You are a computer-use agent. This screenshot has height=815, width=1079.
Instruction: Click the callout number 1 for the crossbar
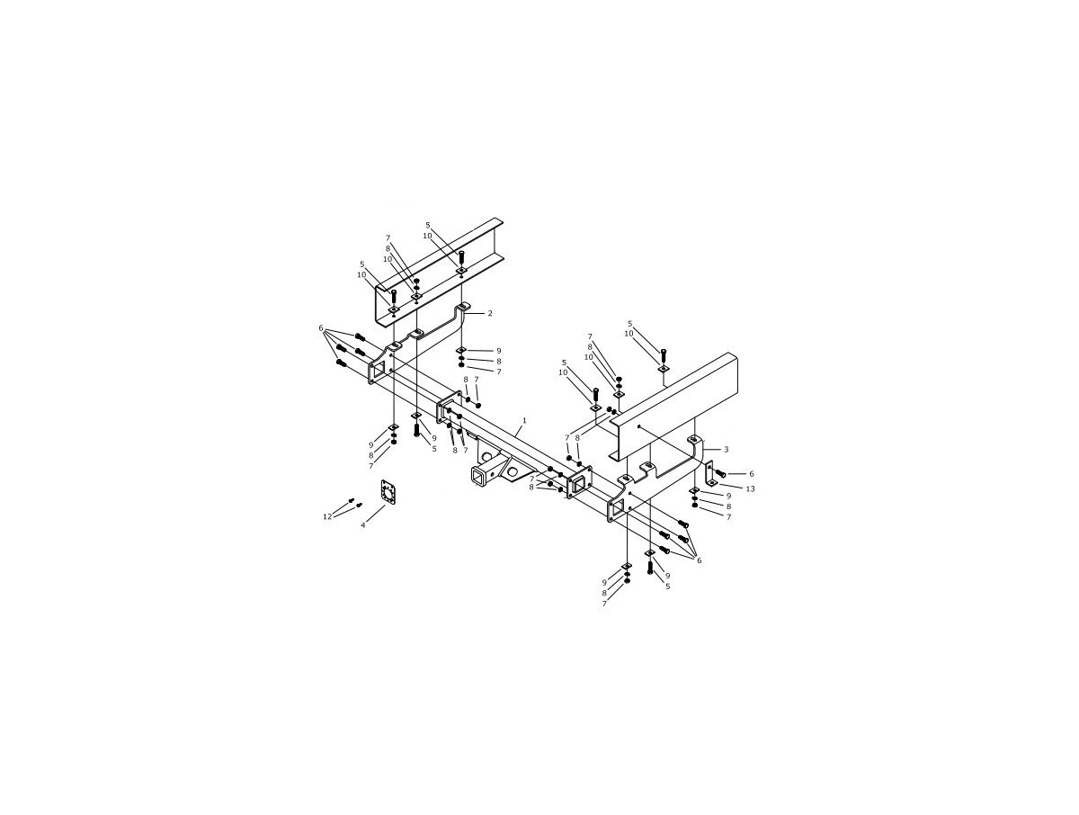tap(524, 420)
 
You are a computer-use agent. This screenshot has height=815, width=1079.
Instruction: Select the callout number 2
tap(490, 314)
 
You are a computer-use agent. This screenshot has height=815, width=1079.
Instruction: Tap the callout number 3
tap(726, 449)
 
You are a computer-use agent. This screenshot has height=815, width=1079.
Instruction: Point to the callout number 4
tap(363, 524)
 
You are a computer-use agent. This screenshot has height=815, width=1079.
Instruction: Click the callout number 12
tap(327, 516)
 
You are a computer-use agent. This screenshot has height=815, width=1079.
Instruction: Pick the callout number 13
tap(750, 488)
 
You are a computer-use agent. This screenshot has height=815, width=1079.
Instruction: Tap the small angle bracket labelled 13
tap(709, 472)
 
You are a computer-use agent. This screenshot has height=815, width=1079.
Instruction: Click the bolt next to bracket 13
tap(721, 473)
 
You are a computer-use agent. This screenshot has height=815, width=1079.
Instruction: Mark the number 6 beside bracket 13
tap(752, 474)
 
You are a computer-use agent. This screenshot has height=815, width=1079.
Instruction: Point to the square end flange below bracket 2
tap(378, 371)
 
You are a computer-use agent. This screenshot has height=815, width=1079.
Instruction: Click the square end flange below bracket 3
tap(616, 509)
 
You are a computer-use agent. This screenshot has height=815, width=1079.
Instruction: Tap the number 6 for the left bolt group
tap(320, 328)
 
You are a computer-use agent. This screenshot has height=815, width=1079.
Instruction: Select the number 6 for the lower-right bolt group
tap(699, 560)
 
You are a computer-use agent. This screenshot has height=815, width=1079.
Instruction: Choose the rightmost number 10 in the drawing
tap(629, 334)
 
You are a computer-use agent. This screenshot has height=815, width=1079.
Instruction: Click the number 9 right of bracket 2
tap(498, 351)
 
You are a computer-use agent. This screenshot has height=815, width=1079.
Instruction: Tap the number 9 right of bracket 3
tap(728, 496)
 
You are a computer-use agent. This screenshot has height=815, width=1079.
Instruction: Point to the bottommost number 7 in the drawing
tap(604, 604)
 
